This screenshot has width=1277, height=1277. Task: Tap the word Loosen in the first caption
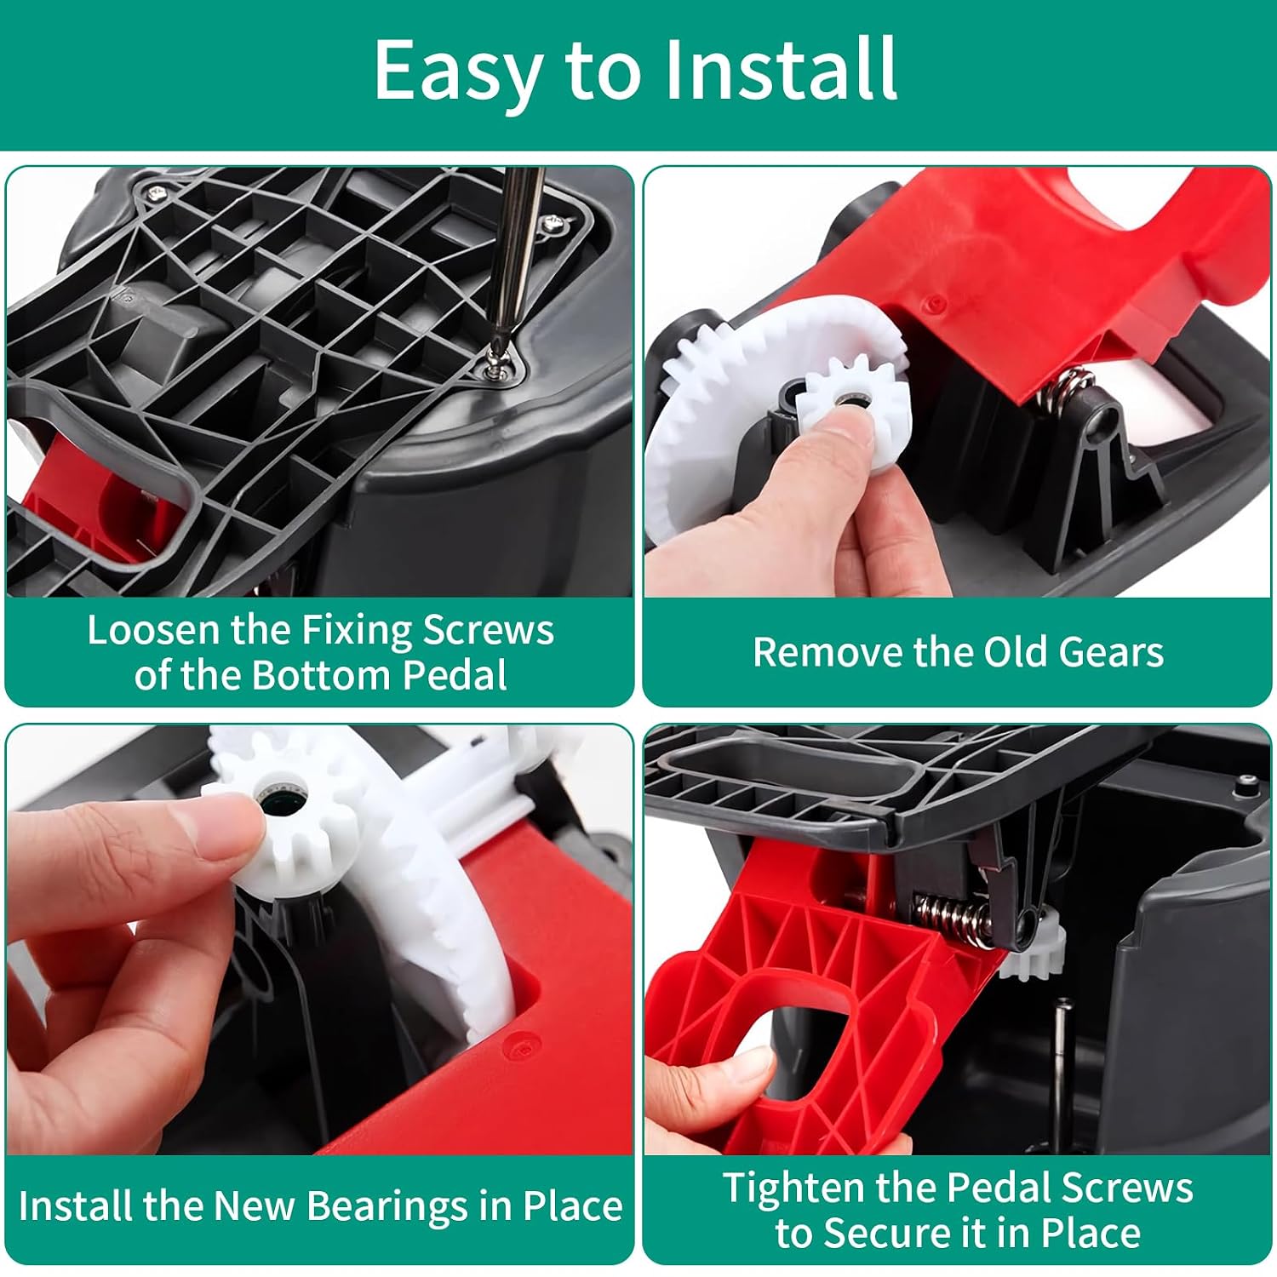(153, 630)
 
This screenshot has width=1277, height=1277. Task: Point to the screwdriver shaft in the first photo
(517, 255)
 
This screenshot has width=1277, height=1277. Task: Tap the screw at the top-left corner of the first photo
(156, 195)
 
